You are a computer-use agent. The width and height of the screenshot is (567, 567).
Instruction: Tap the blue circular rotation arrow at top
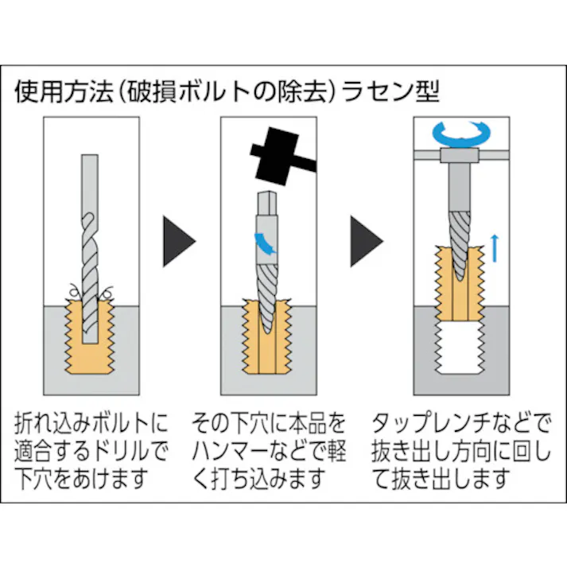(x=456, y=134)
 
